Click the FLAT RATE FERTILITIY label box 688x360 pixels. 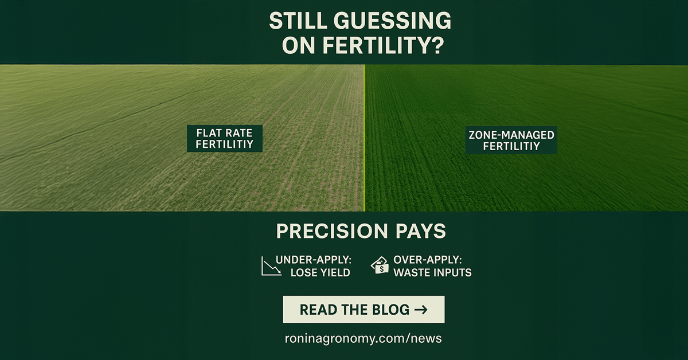coord(225,138)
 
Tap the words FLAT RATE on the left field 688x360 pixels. coord(225,132)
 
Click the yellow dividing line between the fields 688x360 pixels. coord(364,138)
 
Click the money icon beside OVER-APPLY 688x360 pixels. coord(380,265)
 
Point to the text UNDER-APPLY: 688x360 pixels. coord(312,259)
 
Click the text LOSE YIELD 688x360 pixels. coord(320,273)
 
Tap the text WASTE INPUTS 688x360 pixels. coord(432,273)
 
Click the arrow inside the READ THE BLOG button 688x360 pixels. coord(420,310)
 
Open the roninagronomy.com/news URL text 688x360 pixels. coord(363,338)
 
